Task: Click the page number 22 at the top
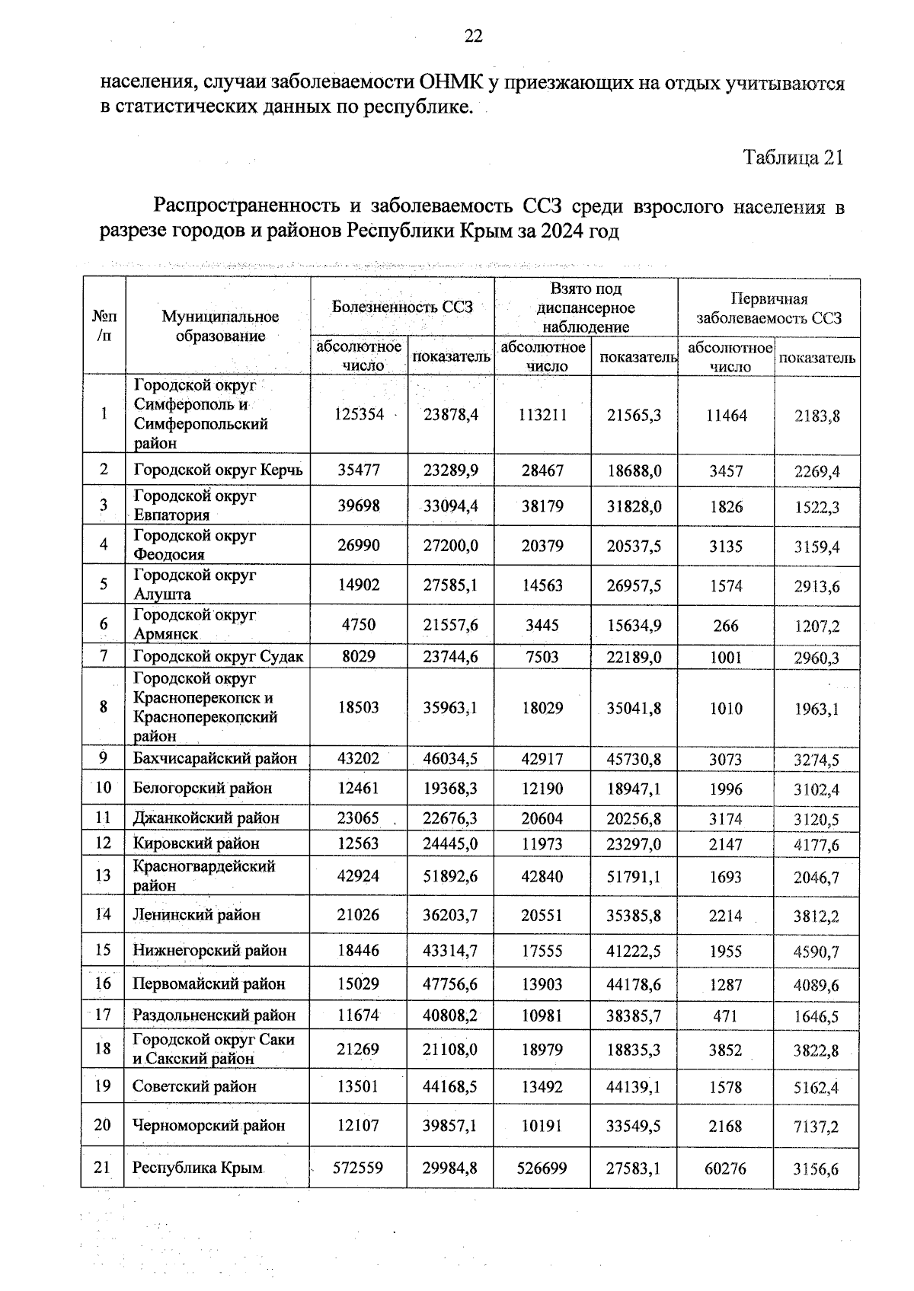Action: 473,36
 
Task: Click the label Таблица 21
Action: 793,158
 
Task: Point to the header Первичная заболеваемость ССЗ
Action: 769,308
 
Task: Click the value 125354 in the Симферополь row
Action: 359,414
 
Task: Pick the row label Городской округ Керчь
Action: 218,470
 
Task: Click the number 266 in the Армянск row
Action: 726,626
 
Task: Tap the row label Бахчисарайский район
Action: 215,758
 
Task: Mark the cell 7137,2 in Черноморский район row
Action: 816,1127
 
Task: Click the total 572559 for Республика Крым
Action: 358,1168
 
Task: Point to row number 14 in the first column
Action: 103,914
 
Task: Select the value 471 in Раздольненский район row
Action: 726,1015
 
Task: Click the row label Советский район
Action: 194,1086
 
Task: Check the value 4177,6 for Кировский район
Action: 816,845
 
